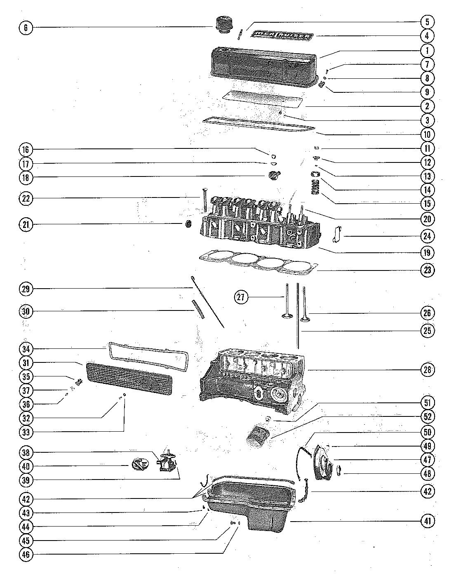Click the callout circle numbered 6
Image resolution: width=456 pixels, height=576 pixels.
click(26, 28)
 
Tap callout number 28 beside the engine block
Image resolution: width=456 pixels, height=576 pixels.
click(427, 369)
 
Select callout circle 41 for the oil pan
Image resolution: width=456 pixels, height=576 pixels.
click(427, 521)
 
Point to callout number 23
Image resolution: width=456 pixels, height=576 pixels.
click(427, 270)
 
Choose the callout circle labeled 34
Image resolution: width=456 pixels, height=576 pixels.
click(26, 349)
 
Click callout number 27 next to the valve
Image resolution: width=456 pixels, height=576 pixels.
click(242, 296)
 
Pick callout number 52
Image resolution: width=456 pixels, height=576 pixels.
click(427, 416)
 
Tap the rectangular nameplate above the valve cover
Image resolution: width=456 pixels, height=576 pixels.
click(283, 36)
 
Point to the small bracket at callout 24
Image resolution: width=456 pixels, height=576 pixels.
click(336, 234)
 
